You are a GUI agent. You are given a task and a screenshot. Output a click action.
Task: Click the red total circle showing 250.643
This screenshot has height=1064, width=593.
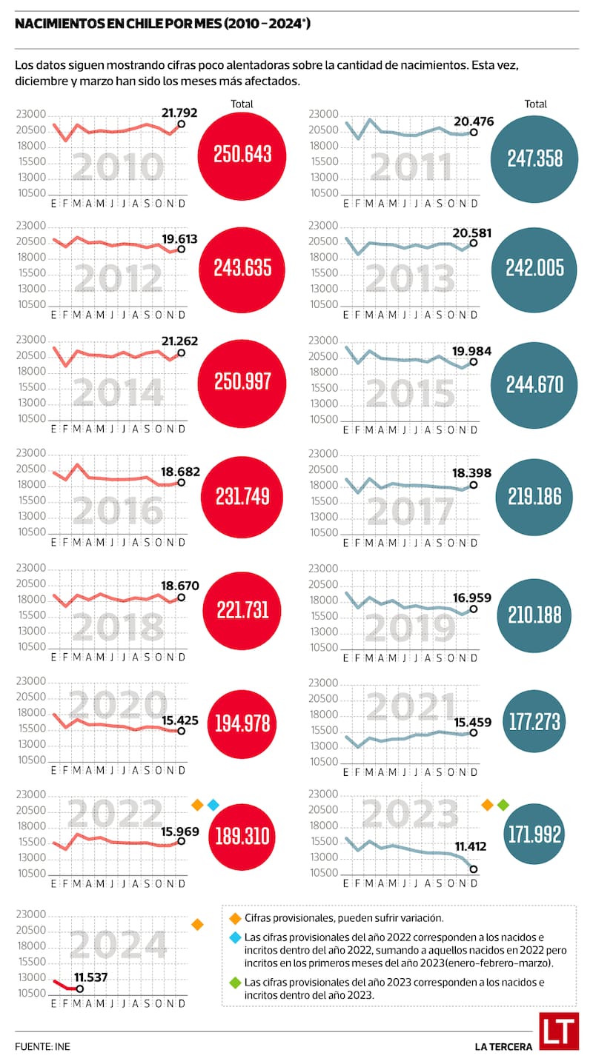pyautogui.click(x=242, y=154)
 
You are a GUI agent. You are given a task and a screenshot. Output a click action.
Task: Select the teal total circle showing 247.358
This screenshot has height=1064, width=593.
pyautogui.click(x=534, y=158)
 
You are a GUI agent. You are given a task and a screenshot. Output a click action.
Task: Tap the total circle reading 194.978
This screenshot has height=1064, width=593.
pyautogui.click(x=242, y=723)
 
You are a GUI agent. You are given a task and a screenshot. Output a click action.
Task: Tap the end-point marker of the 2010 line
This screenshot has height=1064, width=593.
pyautogui.click(x=182, y=124)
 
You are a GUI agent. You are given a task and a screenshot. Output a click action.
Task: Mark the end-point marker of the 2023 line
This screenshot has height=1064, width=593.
pyautogui.click(x=474, y=869)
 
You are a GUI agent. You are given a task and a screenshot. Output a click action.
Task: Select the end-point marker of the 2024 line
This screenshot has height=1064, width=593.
pyautogui.click(x=80, y=988)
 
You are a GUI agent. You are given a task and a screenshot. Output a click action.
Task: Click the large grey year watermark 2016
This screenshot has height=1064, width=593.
pyautogui.click(x=119, y=510)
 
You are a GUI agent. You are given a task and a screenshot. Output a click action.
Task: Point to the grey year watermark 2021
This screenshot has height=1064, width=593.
pyautogui.click(x=411, y=708)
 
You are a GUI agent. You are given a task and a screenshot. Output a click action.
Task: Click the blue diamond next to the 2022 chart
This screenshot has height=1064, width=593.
pyautogui.click(x=213, y=804)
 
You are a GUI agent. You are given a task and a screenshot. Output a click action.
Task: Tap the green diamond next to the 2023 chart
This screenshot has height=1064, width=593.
pyautogui.click(x=503, y=804)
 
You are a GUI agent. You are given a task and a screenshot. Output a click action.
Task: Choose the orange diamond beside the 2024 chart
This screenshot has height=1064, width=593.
pyautogui.click(x=197, y=924)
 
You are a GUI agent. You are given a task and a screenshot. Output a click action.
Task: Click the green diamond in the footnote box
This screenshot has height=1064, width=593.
pyautogui.click(x=234, y=983)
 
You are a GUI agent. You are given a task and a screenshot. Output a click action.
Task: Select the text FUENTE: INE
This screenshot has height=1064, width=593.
pyautogui.click(x=42, y=1047)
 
